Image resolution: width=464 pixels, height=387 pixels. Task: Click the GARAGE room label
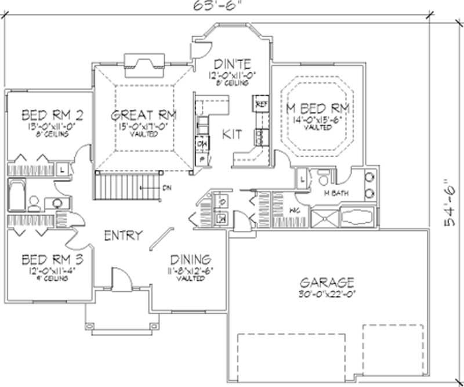coord(327,283)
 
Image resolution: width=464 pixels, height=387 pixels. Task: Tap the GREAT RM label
coord(144,114)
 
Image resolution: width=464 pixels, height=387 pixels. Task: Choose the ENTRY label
coord(123,236)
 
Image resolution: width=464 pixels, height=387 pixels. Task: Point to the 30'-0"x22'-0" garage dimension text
coord(327,294)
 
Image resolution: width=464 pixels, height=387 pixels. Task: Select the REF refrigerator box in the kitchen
coord(260,104)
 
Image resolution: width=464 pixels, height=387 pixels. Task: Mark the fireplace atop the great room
coord(142,63)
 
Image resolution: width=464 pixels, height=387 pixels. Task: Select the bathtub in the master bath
coord(353,219)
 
